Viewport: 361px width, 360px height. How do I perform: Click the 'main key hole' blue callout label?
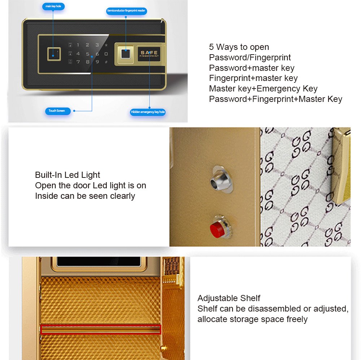[x=53, y=6]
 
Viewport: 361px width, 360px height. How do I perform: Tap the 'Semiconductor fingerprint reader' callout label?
[x=126, y=10]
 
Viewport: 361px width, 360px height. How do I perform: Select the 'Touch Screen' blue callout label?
[x=58, y=111]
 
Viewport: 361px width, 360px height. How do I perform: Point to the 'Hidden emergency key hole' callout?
[x=148, y=112]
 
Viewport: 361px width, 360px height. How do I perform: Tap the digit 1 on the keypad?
[x=78, y=45]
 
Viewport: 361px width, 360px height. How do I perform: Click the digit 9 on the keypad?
[x=97, y=62]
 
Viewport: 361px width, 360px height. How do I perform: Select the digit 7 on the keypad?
[x=78, y=62]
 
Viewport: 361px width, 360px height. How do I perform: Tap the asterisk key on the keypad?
[x=106, y=45]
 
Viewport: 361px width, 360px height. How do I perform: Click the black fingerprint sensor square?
[x=126, y=54]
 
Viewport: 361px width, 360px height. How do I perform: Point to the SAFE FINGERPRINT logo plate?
[x=149, y=54]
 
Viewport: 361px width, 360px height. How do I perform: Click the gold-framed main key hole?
[x=54, y=54]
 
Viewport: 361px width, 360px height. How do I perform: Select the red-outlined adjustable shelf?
[x=101, y=329]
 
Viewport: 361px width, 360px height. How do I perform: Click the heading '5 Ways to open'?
[x=239, y=47]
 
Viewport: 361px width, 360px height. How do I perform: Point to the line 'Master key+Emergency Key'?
[x=263, y=89]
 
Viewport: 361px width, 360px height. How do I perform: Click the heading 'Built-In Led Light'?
[x=68, y=175]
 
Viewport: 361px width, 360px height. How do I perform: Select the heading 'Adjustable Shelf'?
[x=229, y=298]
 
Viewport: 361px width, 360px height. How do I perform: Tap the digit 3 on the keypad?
[x=97, y=45]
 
